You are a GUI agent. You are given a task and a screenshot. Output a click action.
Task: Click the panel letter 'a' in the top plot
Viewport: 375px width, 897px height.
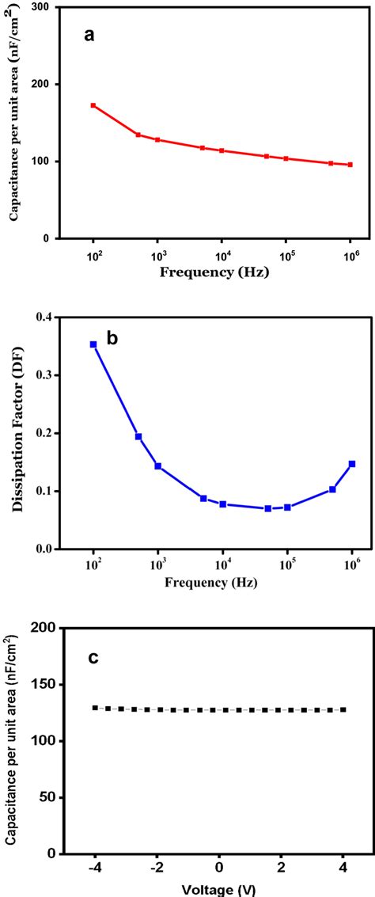pyautogui.click(x=91, y=35)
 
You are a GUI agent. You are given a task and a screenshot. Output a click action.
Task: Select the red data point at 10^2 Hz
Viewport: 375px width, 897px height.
pyautogui.click(x=93, y=105)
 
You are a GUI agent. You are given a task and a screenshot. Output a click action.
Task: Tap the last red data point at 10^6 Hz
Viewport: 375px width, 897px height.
pyautogui.click(x=350, y=165)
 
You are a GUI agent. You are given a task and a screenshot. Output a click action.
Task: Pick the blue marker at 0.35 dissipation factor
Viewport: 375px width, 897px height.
pyautogui.click(x=93, y=344)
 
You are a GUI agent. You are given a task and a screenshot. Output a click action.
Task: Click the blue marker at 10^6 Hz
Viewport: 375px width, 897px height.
pyautogui.click(x=352, y=464)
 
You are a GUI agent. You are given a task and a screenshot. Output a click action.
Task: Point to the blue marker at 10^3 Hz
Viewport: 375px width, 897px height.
pyautogui.click(x=158, y=466)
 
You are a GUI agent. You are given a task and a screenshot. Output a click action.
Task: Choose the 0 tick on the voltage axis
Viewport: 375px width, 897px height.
pyautogui.click(x=220, y=868)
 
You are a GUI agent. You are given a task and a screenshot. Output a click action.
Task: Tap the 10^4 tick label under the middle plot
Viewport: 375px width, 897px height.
pyautogui.click(x=222, y=564)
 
